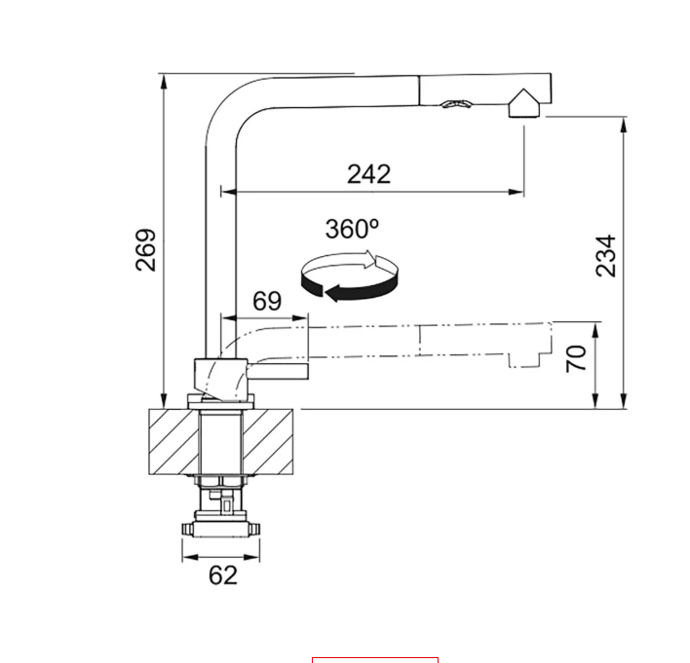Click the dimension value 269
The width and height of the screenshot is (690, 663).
coord(146,250)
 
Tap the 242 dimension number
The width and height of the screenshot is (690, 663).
coord(368,174)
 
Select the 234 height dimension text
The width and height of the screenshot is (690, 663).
coord(605,255)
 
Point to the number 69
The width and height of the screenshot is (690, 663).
coord(267,301)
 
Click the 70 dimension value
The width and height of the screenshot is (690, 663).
coord(576,358)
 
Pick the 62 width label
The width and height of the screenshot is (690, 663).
coord(223,575)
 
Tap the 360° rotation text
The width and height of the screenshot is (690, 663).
coord(352,229)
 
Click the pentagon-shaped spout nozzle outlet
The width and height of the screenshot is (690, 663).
coord(524,104)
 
